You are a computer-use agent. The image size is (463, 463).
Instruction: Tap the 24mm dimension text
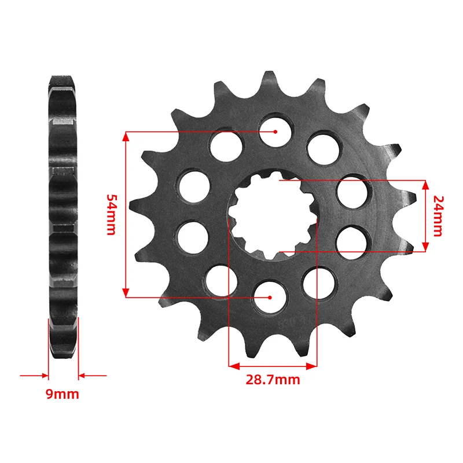pos(438,216)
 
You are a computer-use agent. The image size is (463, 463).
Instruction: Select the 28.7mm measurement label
pos(273,380)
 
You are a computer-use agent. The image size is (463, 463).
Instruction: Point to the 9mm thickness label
pos(63,395)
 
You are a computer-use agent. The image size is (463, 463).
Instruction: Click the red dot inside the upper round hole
pos(276,131)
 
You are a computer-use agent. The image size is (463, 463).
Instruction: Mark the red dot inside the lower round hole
pos(270,297)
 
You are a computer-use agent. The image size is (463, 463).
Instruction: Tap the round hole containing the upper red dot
pos(275,128)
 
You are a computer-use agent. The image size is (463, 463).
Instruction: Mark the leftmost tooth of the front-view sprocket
pos(134,205)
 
